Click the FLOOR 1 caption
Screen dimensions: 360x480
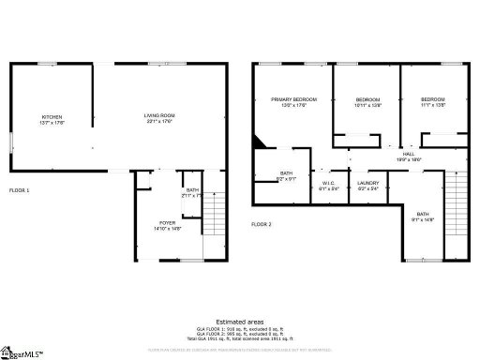20,191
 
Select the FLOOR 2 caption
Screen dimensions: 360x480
262,225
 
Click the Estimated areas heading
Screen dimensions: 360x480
239,322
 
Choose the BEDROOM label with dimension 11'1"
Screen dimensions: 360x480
432,101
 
